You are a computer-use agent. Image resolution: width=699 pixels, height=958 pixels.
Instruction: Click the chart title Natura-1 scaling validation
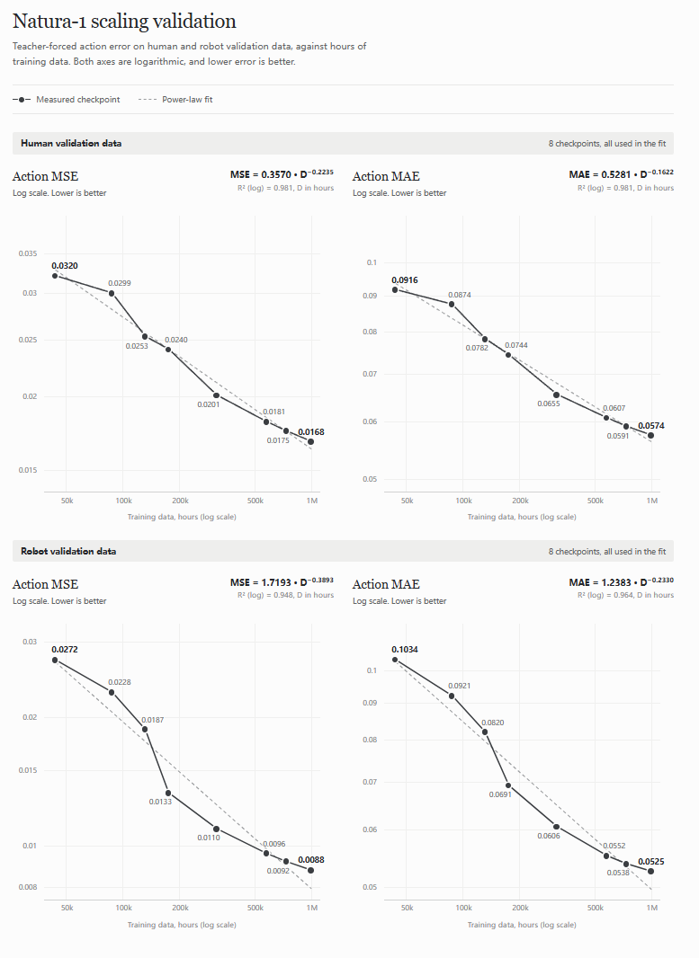tap(124, 22)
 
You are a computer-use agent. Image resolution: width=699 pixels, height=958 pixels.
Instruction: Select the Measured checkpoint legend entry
tap(66, 100)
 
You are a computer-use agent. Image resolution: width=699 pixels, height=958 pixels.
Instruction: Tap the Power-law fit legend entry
tap(175, 100)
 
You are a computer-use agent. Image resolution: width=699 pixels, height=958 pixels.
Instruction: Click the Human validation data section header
tap(71, 143)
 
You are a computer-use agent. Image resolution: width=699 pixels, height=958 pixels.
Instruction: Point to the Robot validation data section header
tap(68, 551)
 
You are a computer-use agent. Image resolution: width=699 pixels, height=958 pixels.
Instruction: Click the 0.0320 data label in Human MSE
tap(65, 266)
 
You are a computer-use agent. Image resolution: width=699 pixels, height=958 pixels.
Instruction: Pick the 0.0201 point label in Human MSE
tap(209, 404)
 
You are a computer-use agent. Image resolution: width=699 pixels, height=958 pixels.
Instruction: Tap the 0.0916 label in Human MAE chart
tap(405, 279)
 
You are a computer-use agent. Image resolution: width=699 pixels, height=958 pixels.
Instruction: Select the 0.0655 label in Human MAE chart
tap(549, 404)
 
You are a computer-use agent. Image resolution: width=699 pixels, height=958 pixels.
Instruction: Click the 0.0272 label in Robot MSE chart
tap(65, 650)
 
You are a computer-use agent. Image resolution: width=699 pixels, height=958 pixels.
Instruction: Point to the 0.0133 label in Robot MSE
tap(160, 802)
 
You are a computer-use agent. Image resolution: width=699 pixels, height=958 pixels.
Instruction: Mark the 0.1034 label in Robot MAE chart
tap(405, 650)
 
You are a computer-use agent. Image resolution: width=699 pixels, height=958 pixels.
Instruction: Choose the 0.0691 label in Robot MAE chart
tap(500, 794)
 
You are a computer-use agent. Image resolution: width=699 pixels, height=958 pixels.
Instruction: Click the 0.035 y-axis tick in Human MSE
tap(28, 253)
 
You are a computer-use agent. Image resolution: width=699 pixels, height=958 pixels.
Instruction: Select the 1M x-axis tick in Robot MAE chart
tap(652, 908)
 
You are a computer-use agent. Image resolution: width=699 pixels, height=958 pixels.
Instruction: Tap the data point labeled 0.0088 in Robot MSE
tap(310, 870)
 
